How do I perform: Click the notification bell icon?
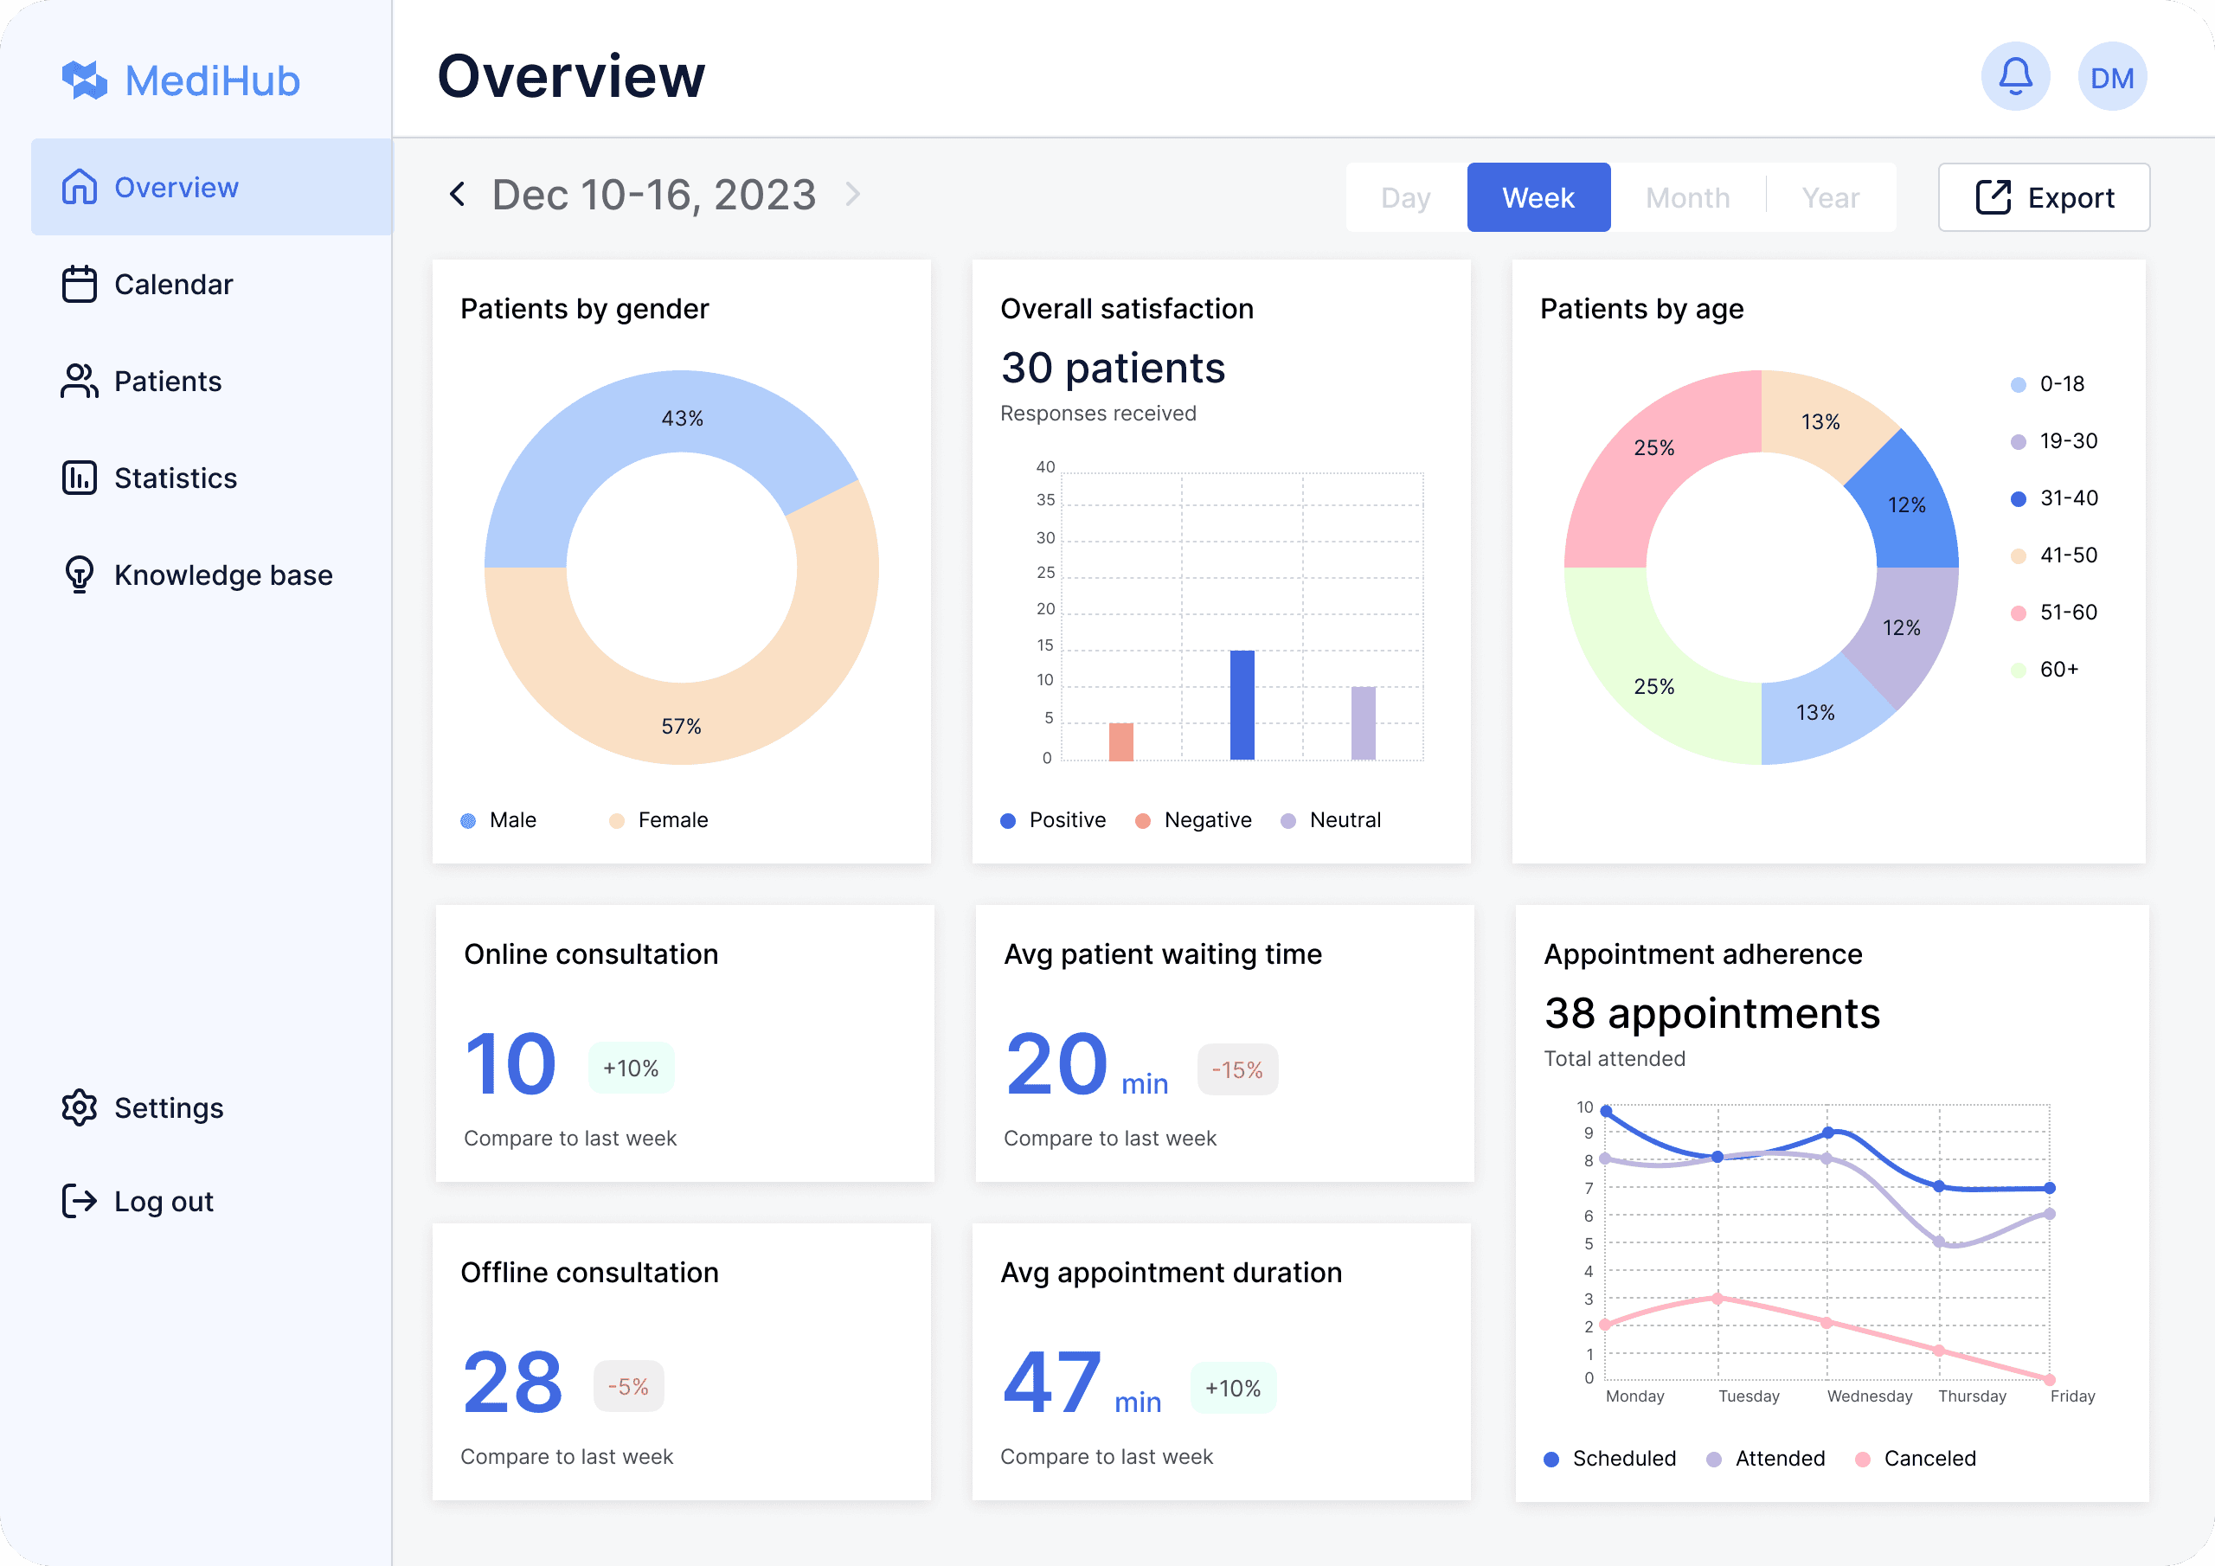click(2015, 76)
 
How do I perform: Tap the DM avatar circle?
click(2112, 76)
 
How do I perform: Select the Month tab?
click(1687, 198)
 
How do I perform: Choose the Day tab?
click(1406, 198)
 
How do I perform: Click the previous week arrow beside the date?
click(458, 194)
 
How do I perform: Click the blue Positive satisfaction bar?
click(1242, 705)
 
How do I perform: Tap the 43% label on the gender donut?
click(682, 418)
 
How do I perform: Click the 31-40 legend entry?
click(2054, 497)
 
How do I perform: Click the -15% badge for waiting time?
click(1238, 1069)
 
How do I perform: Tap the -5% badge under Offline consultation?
click(628, 1387)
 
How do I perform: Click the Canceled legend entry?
click(1916, 1458)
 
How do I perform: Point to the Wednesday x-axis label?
click(1870, 1396)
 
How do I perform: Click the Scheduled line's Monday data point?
click(1606, 1112)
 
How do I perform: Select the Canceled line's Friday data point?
click(2050, 1380)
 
